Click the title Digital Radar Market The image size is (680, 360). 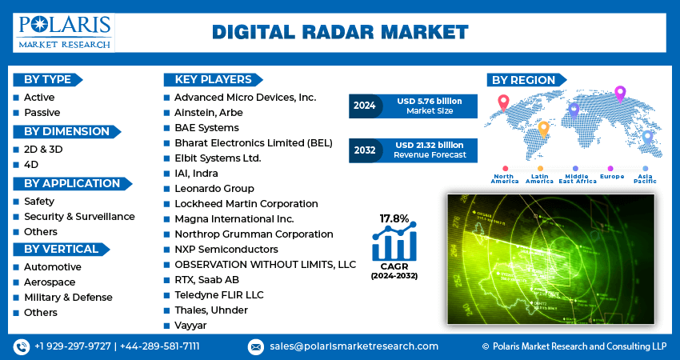coord(340,31)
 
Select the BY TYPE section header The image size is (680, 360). coord(47,79)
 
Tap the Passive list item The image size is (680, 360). coord(42,113)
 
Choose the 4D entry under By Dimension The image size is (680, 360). coord(31,165)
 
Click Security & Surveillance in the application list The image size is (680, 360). coord(79,217)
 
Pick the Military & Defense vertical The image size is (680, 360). coord(67,298)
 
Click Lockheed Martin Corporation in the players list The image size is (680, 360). coord(246,204)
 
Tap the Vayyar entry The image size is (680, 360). coord(190,326)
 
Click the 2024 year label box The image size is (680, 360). coord(364,106)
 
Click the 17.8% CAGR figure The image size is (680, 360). coord(394,218)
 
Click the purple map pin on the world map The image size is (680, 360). coord(619,93)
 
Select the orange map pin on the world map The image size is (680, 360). coord(543,127)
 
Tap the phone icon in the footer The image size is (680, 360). coord(21,346)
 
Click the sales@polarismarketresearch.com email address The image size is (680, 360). coord(354,346)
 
